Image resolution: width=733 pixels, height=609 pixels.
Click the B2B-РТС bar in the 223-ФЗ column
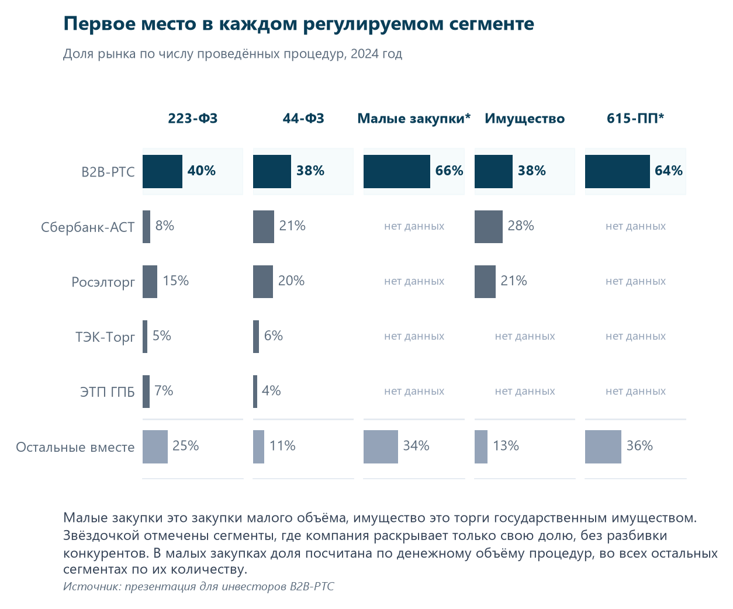pyautogui.click(x=162, y=171)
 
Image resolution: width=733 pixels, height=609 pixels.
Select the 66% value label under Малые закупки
pyautogui.click(x=449, y=171)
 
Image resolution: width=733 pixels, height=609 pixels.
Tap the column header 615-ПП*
pyautogui.click(x=635, y=118)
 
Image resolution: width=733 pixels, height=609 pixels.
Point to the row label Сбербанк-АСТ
pyautogui.click(x=88, y=227)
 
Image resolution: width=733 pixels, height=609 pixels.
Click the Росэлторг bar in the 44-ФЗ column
pyautogui.click(x=263, y=282)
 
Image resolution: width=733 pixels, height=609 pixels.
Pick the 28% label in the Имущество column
pyautogui.click(x=521, y=226)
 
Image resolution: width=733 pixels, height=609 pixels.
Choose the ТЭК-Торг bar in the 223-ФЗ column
pyautogui.click(x=145, y=337)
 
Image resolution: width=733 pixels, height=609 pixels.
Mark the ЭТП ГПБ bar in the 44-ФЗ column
pyautogui.click(x=255, y=392)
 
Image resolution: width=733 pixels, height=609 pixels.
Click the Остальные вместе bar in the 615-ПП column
pyautogui.click(x=603, y=447)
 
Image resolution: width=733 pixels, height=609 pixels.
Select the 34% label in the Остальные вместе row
pyautogui.click(x=416, y=446)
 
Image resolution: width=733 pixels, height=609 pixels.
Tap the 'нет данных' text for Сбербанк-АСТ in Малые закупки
pyautogui.click(x=414, y=226)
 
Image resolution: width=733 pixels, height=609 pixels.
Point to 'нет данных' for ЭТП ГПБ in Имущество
pyautogui.click(x=525, y=391)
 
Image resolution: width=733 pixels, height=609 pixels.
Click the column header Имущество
pyautogui.click(x=525, y=119)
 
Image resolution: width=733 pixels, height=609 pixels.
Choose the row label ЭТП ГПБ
pyautogui.click(x=108, y=392)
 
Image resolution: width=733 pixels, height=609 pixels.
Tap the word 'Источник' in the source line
pyautogui.click(x=92, y=586)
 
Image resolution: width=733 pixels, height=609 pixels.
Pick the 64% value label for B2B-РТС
pyautogui.click(x=668, y=171)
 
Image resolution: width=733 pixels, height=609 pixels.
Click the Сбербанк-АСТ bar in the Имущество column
pyautogui.click(x=489, y=227)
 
